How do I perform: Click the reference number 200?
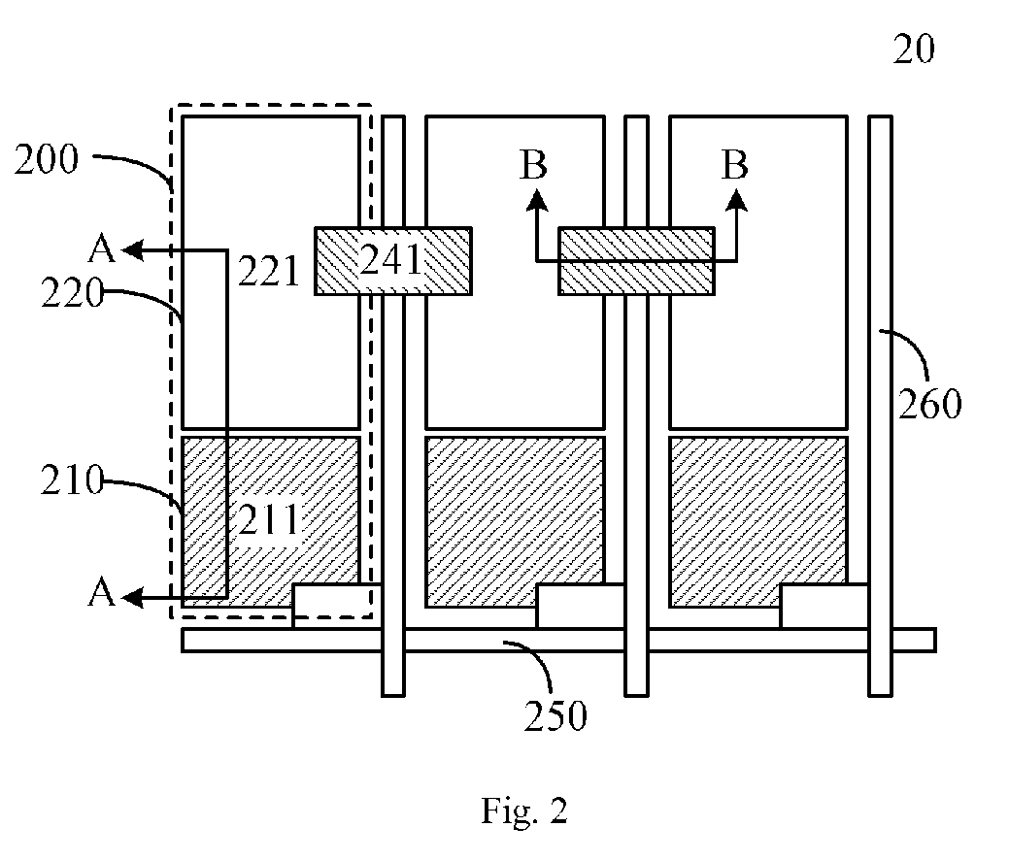(47, 159)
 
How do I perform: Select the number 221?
(269, 271)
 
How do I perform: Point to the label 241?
(390, 260)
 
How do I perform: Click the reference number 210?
(72, 480)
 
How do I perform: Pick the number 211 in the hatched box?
(269, 520)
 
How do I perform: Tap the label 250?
(555, 716)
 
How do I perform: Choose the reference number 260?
(929, 405)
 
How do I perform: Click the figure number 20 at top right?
(914, 50)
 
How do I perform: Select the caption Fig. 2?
(524, 811)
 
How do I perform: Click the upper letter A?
(102, 248)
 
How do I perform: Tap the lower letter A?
(102, 593)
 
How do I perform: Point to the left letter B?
(533, 165)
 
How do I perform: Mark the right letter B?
(735, 165)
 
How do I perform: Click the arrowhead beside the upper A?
(132, 249)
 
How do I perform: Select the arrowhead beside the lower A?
(132, 598)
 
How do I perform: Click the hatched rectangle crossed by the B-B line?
(636, 261)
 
